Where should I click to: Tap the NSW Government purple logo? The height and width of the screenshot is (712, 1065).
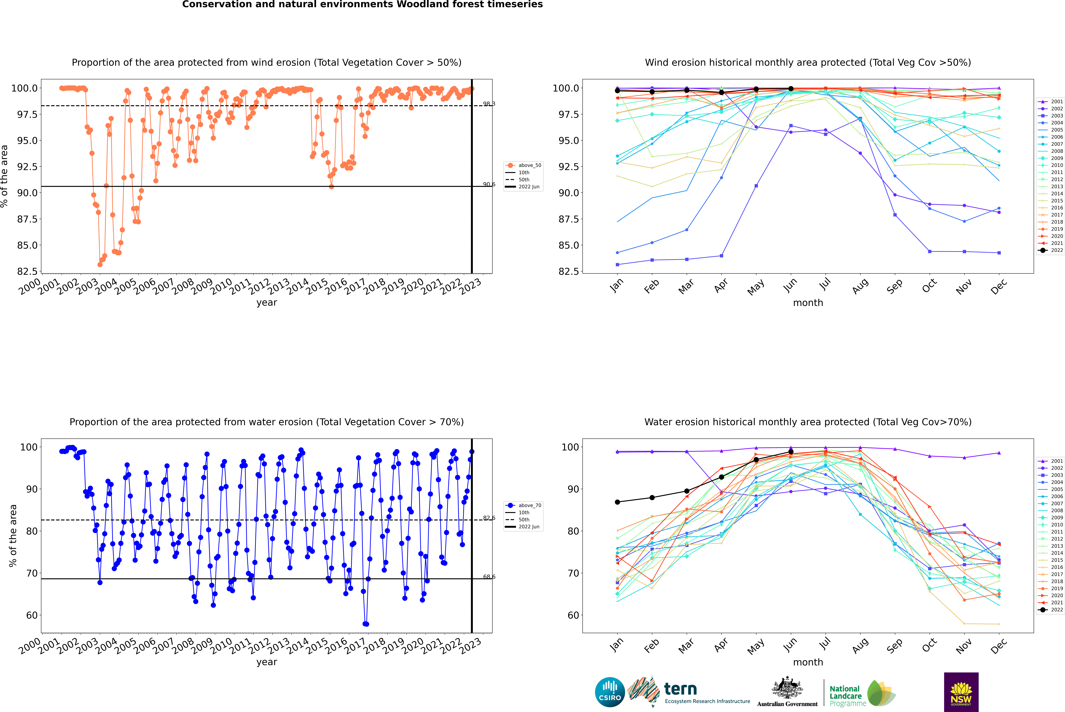pos(961,692)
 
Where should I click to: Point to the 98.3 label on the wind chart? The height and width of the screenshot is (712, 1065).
pos(489,104)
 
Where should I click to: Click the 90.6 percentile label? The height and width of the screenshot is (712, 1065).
pos(489,184)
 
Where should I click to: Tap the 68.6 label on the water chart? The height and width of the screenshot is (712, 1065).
pos(489,577)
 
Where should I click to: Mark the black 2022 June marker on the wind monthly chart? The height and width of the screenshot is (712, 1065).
pos(791,89)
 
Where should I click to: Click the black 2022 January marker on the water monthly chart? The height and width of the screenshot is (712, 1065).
pos(617,502)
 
